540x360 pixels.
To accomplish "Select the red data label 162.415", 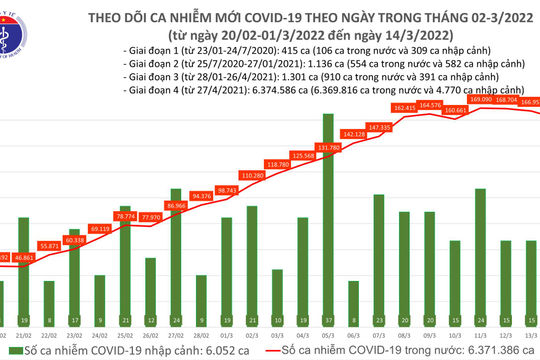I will (x=403, y=106).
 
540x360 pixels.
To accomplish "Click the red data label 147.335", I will (x=378, y=127).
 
